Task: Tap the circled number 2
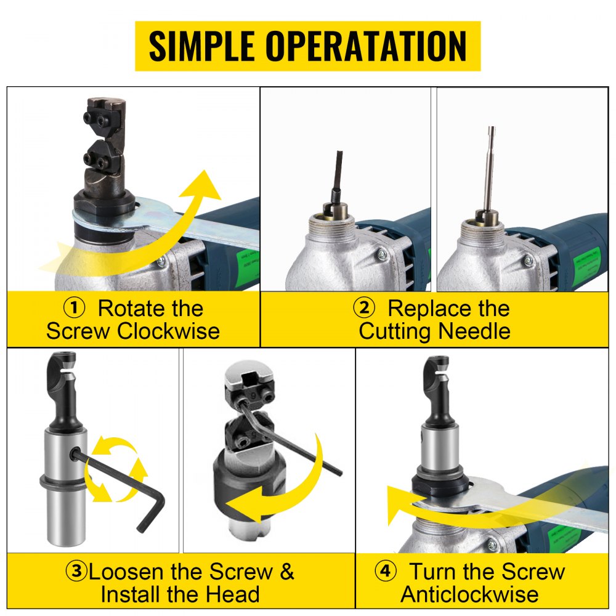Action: [x=363, y=308]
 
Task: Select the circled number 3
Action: [x=76, y=571]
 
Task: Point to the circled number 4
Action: [x=385, y=571]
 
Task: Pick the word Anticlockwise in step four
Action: [x=470, y=594]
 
